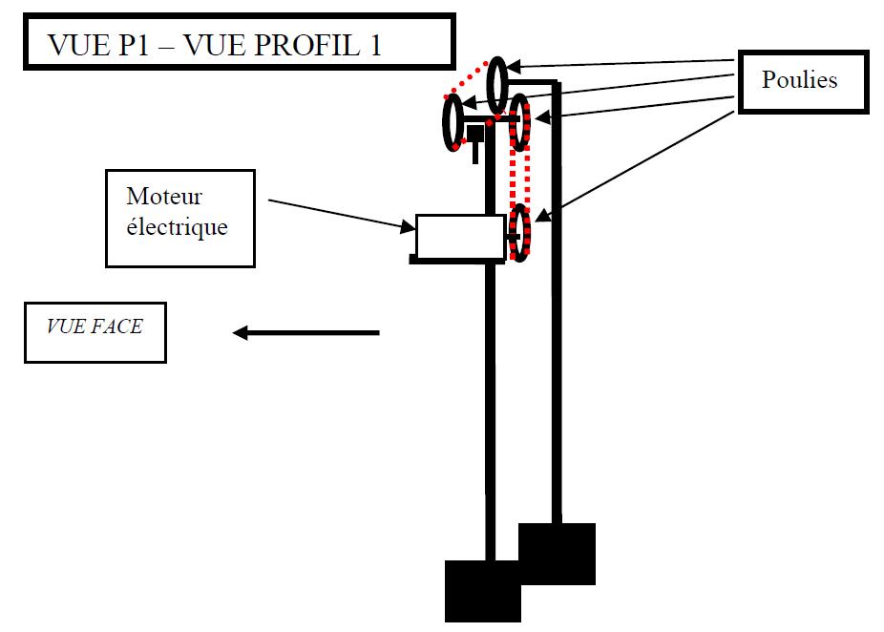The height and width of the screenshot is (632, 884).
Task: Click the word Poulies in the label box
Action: pyautogui.click(x=799, y=80)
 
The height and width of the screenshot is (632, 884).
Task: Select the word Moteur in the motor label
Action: pyautogui.click(x=164, y=198)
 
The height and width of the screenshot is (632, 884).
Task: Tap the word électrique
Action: pyautogui.click(x=177, y=228)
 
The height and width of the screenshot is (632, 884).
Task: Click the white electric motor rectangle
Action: pyautogui.click(x=460, y=238)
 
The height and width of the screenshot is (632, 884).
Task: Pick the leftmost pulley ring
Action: pyautogui.click(x=453, y=124)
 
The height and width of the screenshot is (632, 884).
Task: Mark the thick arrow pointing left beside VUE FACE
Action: pyautogui.click(x=305, y=332)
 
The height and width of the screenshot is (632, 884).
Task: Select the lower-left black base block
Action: pyautogui.click(x=483, y=591)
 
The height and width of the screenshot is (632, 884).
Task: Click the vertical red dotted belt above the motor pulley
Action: pyautogui.click(x=519, y=178)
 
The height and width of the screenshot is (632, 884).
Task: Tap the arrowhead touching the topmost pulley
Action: pyautogui.click(x=512, y=67)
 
